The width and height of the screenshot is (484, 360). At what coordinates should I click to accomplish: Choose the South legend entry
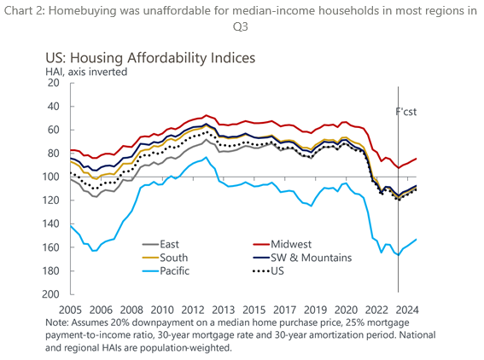click(166, 258)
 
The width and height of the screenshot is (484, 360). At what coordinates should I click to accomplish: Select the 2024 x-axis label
click(408, 309)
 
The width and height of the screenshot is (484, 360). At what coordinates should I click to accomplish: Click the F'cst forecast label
click(406, 112)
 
